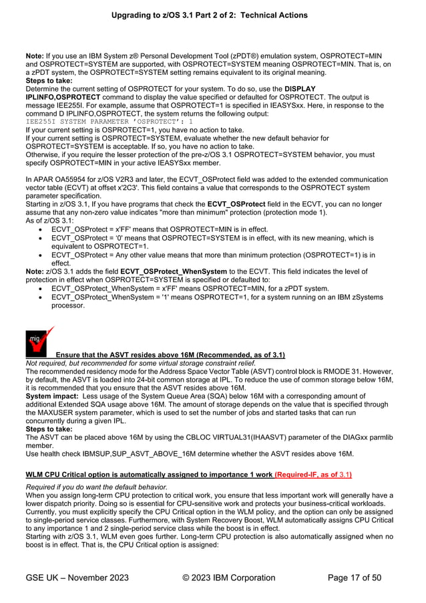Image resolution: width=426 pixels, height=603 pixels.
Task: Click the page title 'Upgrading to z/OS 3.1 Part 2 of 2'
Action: [213, 14]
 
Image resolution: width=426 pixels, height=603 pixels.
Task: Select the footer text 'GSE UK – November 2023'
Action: [77, 578]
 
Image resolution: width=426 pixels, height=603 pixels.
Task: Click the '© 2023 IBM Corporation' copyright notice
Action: [228, 578]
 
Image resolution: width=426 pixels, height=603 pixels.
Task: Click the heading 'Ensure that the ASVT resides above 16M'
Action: [170, 355]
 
